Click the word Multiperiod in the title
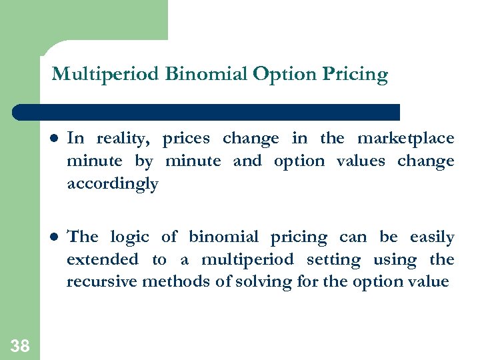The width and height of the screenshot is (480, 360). pos(105,74)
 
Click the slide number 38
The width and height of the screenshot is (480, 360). pos(20,345)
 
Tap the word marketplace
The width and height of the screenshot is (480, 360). pos(405,139)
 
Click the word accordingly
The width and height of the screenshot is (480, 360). pos(112,184)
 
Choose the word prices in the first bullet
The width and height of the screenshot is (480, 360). pos(186,139)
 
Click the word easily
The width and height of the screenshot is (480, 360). pos(431,237)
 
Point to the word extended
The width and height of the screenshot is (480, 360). pos(102,259)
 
